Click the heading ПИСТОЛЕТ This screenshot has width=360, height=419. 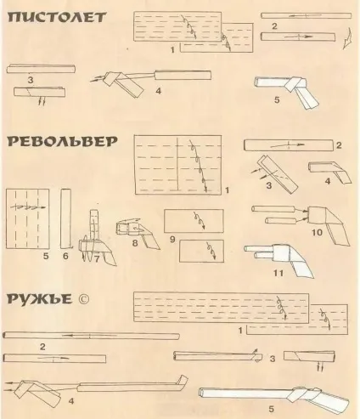[x=57, y=17]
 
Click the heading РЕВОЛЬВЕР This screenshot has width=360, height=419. [x=62, y=141]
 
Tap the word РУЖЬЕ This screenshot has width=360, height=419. [x=39, y=299]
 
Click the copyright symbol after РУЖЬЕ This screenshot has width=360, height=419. [x=83, y=299]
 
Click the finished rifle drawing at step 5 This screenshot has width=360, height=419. [x=274, y=395]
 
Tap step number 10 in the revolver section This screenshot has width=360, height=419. [x=317, y=233]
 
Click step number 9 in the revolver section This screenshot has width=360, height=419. [x=172, y=240]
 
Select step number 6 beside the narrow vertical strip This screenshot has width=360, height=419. [x=65, y=256]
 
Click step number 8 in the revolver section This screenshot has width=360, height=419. [x=135, y=243]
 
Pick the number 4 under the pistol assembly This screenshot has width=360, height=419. [x=158, y=91]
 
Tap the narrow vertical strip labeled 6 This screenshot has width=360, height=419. [x=65, y=218]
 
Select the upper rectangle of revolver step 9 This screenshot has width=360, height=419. [x=194, y=221]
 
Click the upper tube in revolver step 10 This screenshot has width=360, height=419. [x=273, y=209]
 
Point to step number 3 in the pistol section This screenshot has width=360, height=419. [x=31, y=80]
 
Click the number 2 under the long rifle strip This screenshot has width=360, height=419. [x=42, y=347]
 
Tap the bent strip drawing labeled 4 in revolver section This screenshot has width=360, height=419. [x=329, y=172]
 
